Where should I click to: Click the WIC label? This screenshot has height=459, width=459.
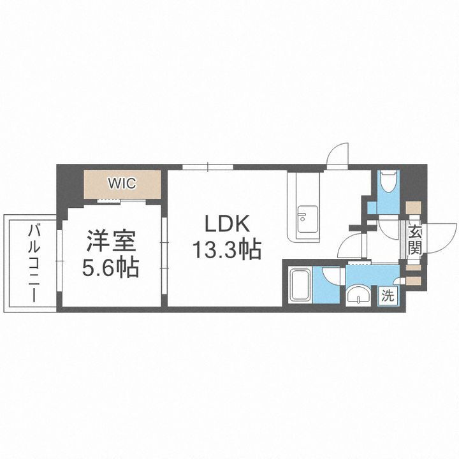pos(121,184)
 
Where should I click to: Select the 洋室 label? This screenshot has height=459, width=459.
pos(112,242)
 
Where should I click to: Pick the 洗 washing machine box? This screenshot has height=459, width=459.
pos(388,295)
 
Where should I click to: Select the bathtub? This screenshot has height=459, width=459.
pos(300,285)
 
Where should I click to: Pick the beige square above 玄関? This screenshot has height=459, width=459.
pos(413,208)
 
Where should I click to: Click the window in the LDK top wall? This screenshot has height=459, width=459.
pos(208,167)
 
